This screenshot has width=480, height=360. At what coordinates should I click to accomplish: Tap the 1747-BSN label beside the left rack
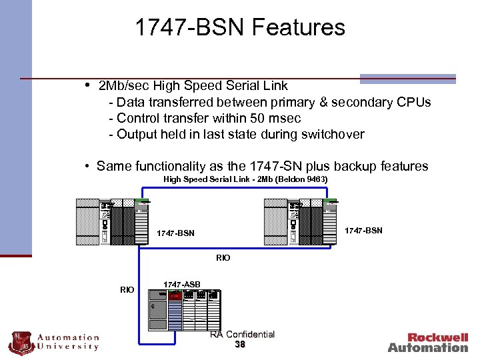175,233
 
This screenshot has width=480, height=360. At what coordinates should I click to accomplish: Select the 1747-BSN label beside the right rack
363,230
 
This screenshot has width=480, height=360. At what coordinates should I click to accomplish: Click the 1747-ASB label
182,285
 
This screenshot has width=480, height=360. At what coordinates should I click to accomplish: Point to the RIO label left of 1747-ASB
127,289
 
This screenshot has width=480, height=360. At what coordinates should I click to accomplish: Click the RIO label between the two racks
223,257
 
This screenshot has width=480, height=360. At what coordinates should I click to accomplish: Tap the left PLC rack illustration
113,222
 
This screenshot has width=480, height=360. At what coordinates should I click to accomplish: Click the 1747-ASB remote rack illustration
185,309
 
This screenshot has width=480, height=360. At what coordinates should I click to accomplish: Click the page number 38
240,345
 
